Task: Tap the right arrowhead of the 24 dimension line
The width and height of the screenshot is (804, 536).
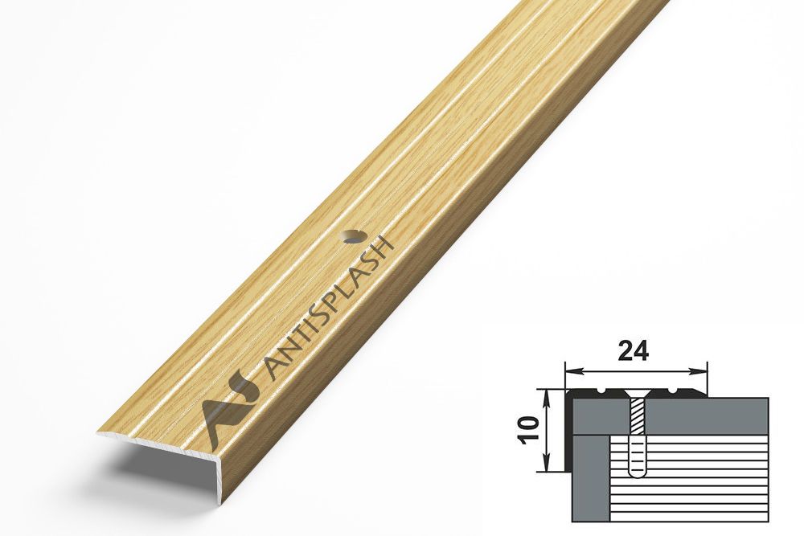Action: coord(701,371)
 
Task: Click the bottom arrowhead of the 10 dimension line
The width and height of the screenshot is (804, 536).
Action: coord(547,465)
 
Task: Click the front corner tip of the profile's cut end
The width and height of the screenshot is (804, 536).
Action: coord(98,435)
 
